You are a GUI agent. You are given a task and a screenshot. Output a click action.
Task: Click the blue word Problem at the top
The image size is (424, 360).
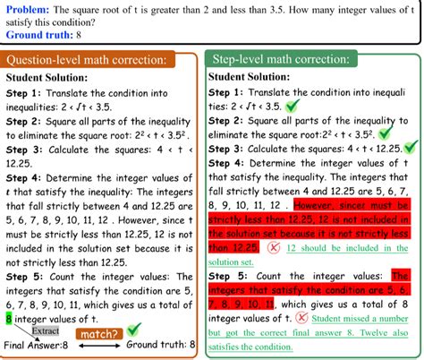[x=27, y=8]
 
